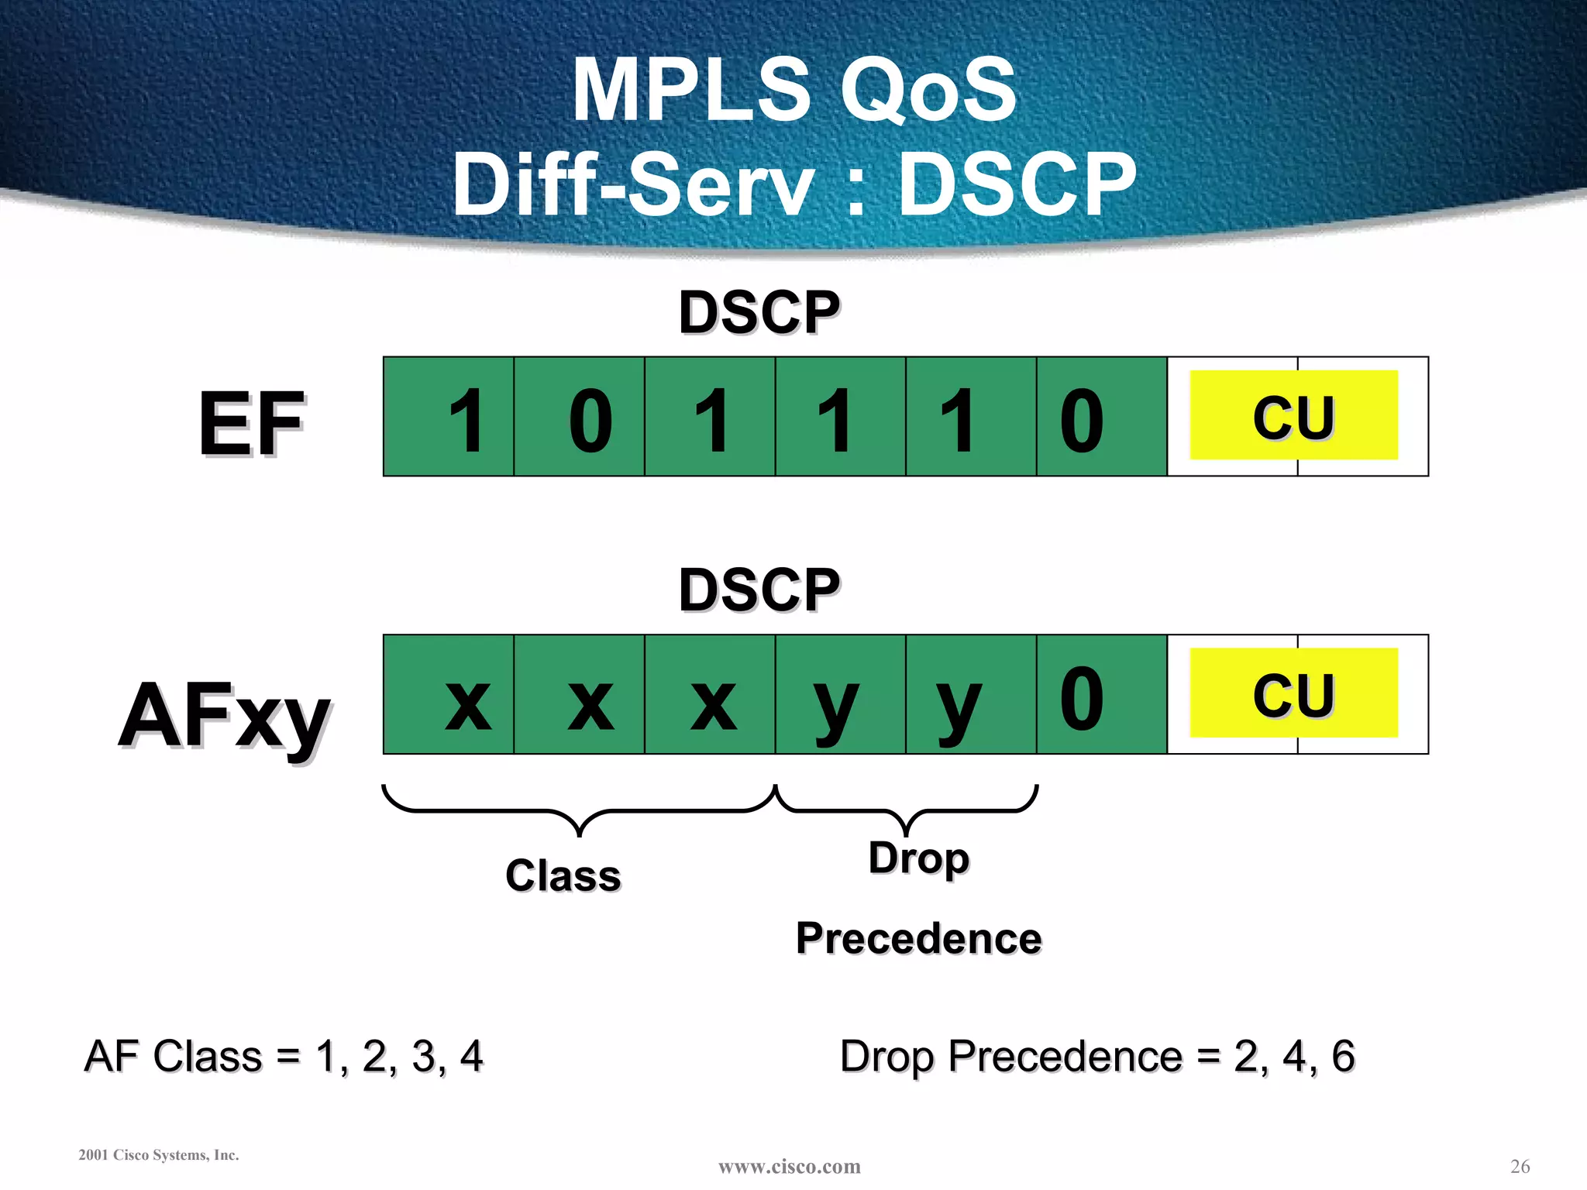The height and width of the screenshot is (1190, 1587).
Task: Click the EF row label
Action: point(251,423)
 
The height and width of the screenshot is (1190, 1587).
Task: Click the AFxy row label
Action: point(224,714)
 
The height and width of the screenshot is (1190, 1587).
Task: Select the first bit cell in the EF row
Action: point(449,417)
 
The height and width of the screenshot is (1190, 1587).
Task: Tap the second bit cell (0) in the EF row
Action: point(580,417)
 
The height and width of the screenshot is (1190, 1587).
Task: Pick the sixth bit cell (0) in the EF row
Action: point(1102,417)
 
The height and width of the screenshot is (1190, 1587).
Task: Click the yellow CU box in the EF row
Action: point(1293,415)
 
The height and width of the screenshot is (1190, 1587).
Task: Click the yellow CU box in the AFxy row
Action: point(1293,693)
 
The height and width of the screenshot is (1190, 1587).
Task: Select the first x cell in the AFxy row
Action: point(449,695)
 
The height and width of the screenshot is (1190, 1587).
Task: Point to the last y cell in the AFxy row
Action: point(971,695)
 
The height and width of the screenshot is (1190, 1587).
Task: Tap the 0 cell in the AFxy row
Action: point(1102,695)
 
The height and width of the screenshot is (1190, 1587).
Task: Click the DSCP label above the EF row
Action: point(759,313)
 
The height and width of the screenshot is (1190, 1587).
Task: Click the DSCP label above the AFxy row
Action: point(759,590)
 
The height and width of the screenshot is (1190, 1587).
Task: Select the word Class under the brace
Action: point(563,876)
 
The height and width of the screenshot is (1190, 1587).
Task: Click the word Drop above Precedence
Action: point(919,858)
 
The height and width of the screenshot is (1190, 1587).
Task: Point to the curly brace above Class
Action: point(580,810)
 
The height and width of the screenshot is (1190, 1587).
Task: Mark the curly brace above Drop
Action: point(906,810)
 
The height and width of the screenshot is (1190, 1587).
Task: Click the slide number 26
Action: point(1520,1166)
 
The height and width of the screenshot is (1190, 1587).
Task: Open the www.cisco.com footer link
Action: point(789,1167)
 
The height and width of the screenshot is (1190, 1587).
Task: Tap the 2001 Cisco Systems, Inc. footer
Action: point(159,1155)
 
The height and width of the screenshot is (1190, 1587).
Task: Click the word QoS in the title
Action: point(928,91)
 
